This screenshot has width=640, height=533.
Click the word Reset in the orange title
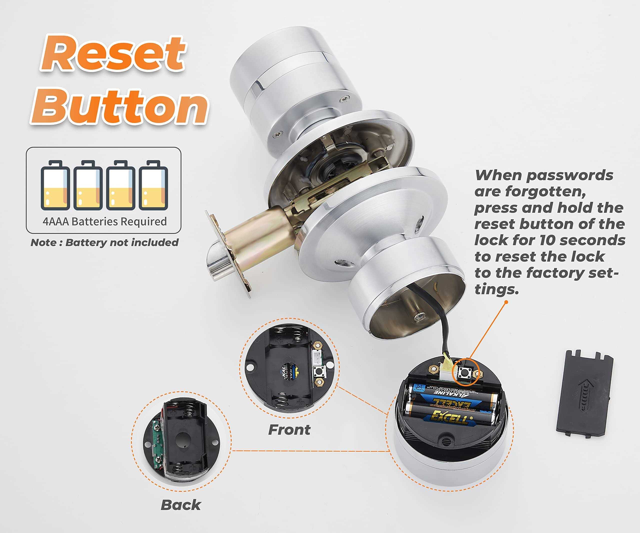113,53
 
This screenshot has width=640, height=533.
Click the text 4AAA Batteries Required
104,221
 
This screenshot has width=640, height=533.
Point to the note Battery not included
104,242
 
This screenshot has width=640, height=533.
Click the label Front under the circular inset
289,430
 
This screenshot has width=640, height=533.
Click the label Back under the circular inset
180,505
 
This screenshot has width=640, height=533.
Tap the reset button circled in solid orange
465,372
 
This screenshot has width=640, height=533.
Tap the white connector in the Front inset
317,358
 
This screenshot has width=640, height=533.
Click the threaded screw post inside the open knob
418,317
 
